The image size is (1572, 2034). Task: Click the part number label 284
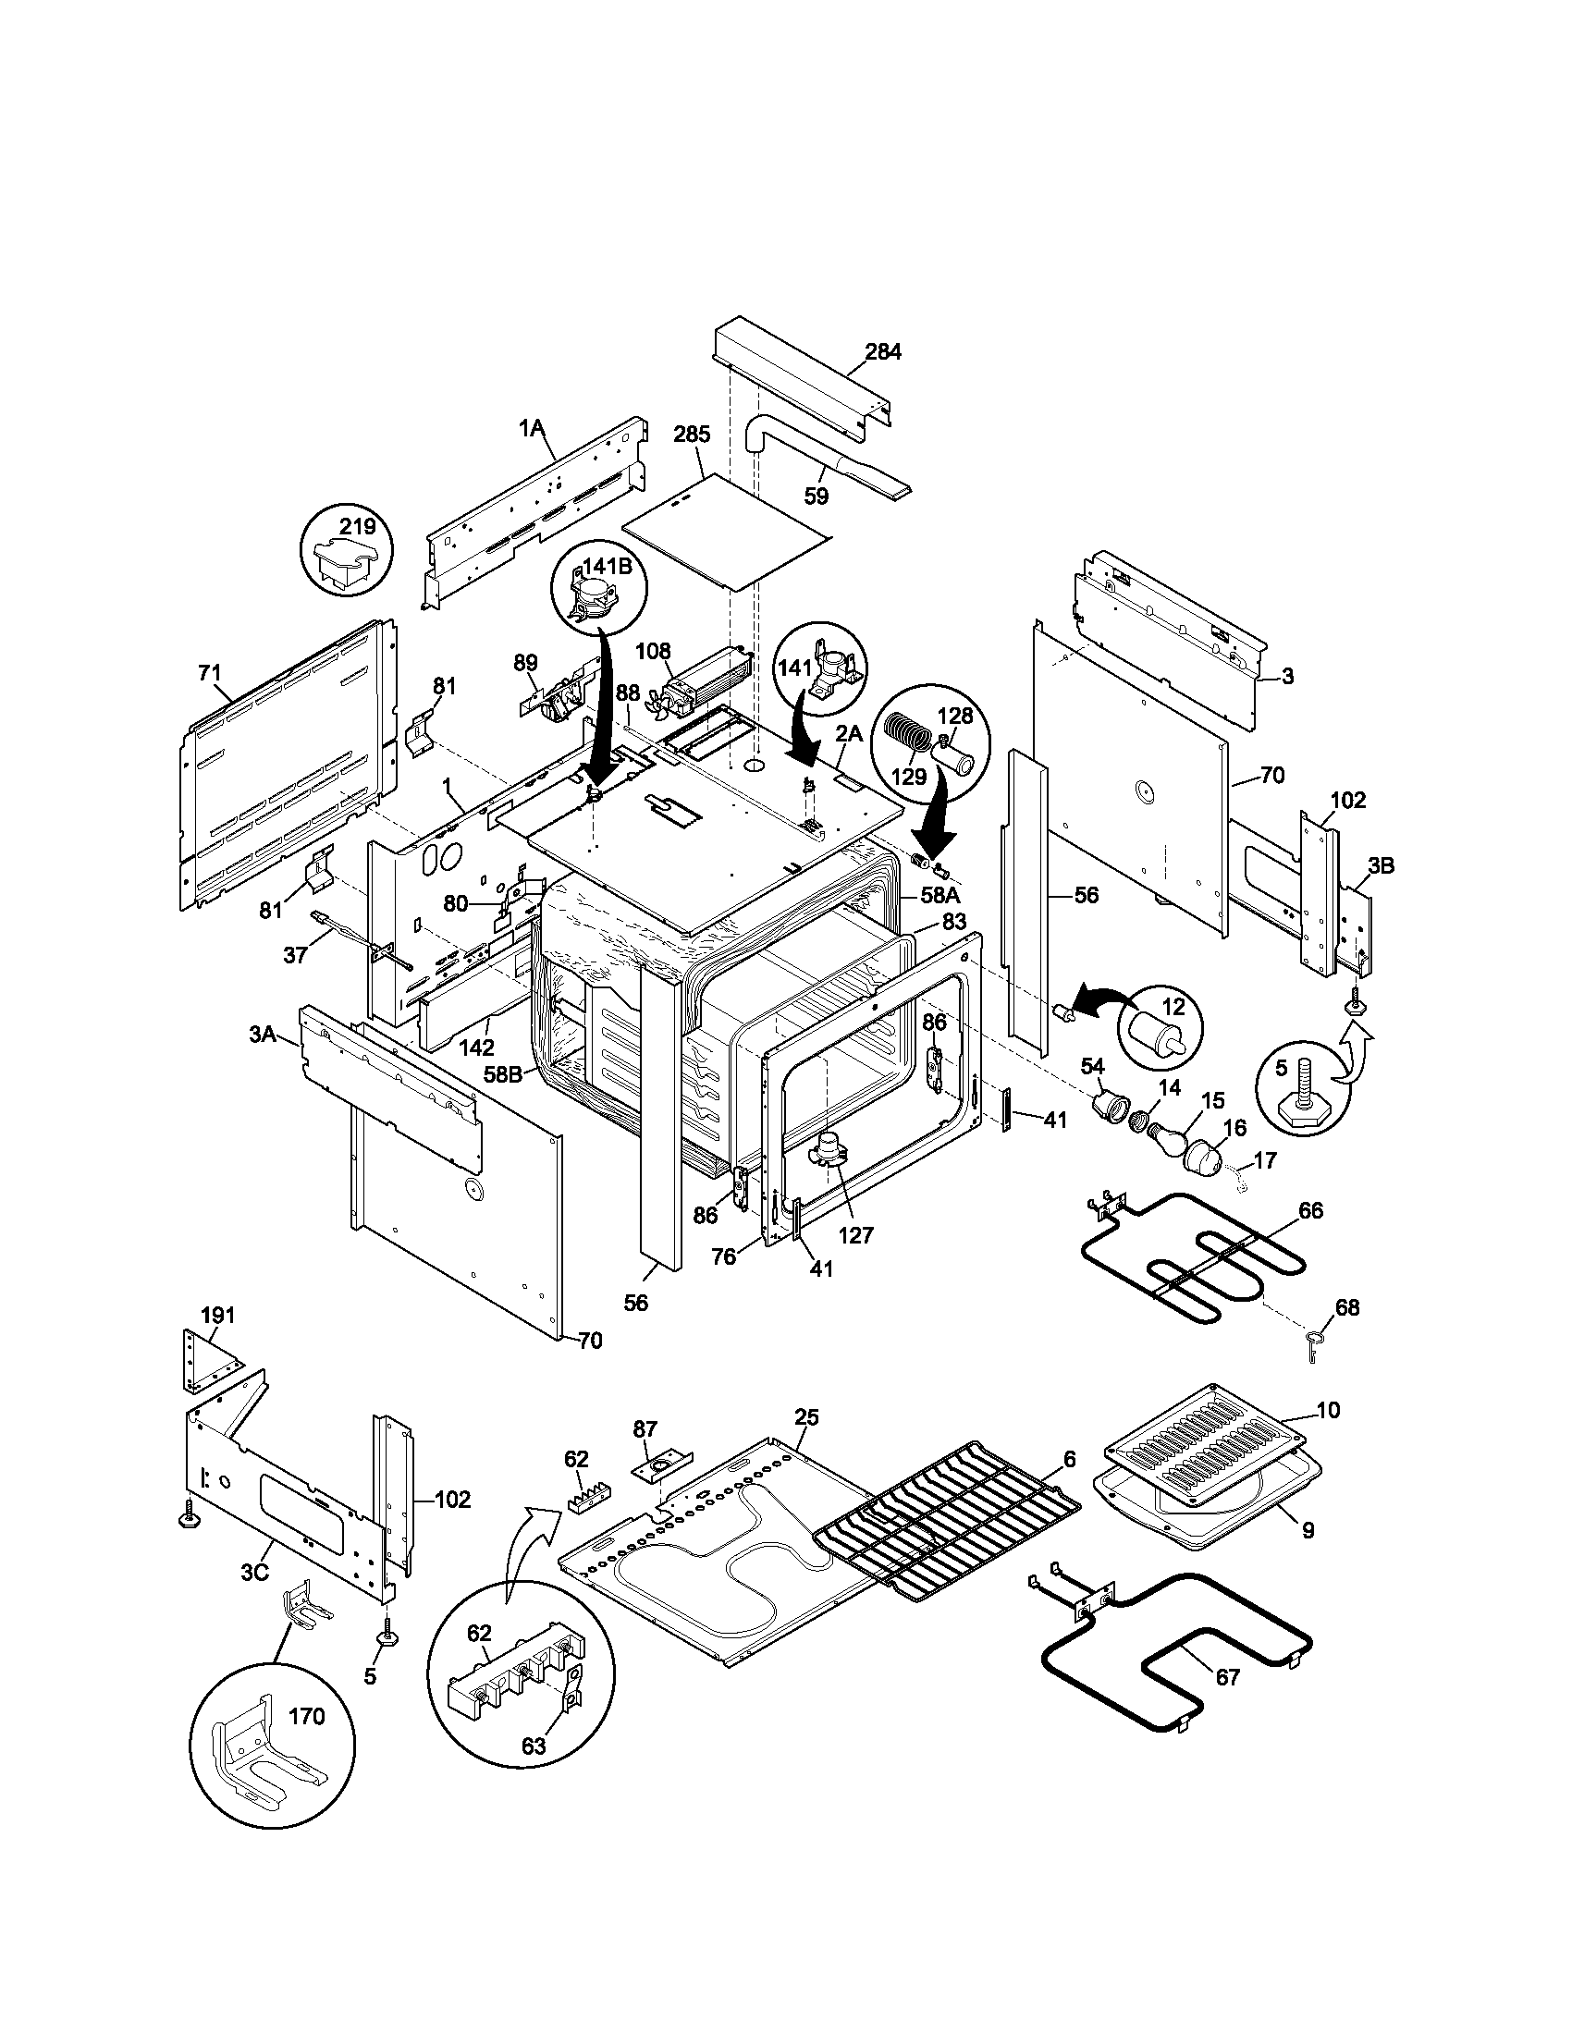coord(883,352)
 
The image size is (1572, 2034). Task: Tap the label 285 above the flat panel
coord(692,434)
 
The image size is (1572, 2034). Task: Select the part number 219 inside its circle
coord(357,526)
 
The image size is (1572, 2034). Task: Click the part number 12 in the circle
coord(1173,1007)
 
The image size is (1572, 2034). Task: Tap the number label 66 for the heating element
coord(1310,1211)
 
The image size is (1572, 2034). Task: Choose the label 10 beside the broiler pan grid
coord(1329,1436)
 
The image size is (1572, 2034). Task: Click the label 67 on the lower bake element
coord(1227,1677)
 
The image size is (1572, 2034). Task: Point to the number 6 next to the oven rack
coord(1069,1459)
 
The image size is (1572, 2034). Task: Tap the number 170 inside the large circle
coord(306,1717)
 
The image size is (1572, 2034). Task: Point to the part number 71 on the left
coord(210,671)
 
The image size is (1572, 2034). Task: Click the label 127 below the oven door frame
coord(856,1236)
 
